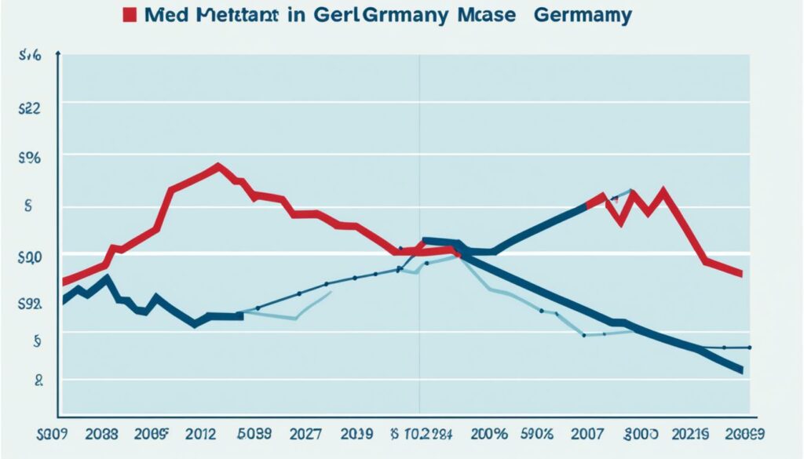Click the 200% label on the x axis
tap(488, 434)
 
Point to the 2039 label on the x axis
tap(358, 434)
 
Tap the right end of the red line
tap(741, 275)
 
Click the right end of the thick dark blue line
tap(741, 370)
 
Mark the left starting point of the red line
tap(63, 282)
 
